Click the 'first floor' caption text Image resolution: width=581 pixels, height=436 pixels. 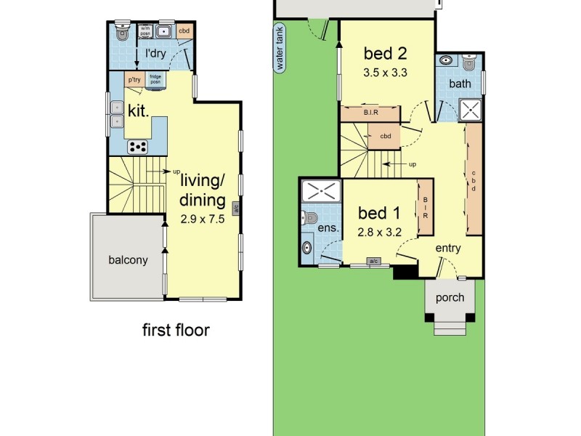[x=175, y=331]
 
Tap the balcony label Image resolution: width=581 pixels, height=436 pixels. [x=128, y=259]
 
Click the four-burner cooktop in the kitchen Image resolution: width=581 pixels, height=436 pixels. [x=138, y=146]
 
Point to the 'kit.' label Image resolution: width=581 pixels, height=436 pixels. [x=138, y=110]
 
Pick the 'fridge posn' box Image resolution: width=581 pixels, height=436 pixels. [x=155, y=80]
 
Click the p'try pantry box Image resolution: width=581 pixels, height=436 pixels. [x=134, y=79]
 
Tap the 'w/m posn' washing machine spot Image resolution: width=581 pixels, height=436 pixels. [x=145, y=32]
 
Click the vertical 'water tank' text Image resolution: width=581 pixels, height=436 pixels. [x=279, y=48]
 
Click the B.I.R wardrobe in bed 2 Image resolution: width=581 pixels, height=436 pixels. [x=370, y=113]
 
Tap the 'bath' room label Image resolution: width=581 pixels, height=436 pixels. [x=460, y=84]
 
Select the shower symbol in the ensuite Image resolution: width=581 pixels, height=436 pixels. [x=320, y=192]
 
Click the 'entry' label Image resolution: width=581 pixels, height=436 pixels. [x=448, y=249]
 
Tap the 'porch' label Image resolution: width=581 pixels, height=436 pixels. [x=450, y=298]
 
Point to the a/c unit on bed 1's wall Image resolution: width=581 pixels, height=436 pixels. [x=374, y=261]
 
